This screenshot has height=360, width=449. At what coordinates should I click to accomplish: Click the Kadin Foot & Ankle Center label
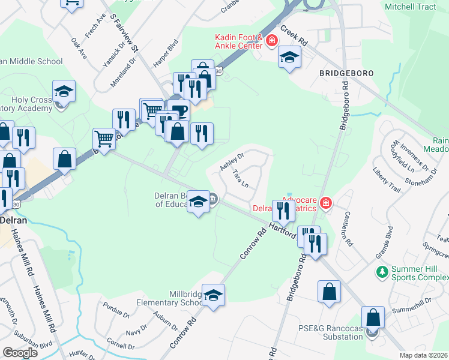coord(239,41)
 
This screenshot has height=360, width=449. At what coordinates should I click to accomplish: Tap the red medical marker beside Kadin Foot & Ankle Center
coord(271,41)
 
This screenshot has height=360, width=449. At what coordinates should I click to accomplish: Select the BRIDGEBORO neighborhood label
coord(346,73)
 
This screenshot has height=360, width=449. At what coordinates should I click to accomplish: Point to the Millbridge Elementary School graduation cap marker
coord(213,296)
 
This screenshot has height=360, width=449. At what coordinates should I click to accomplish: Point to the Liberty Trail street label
coord(386,179)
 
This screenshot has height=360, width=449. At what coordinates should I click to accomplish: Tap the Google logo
coord(20,352)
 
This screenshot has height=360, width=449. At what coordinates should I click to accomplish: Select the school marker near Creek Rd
coord(289,58)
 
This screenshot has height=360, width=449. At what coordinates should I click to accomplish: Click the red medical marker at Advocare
coord(325,203)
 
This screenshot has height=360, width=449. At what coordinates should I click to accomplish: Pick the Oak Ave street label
coord(79,49)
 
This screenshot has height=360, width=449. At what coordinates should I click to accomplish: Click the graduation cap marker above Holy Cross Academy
coord(64,92)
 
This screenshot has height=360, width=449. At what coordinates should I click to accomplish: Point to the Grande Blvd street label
coord(384,242)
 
